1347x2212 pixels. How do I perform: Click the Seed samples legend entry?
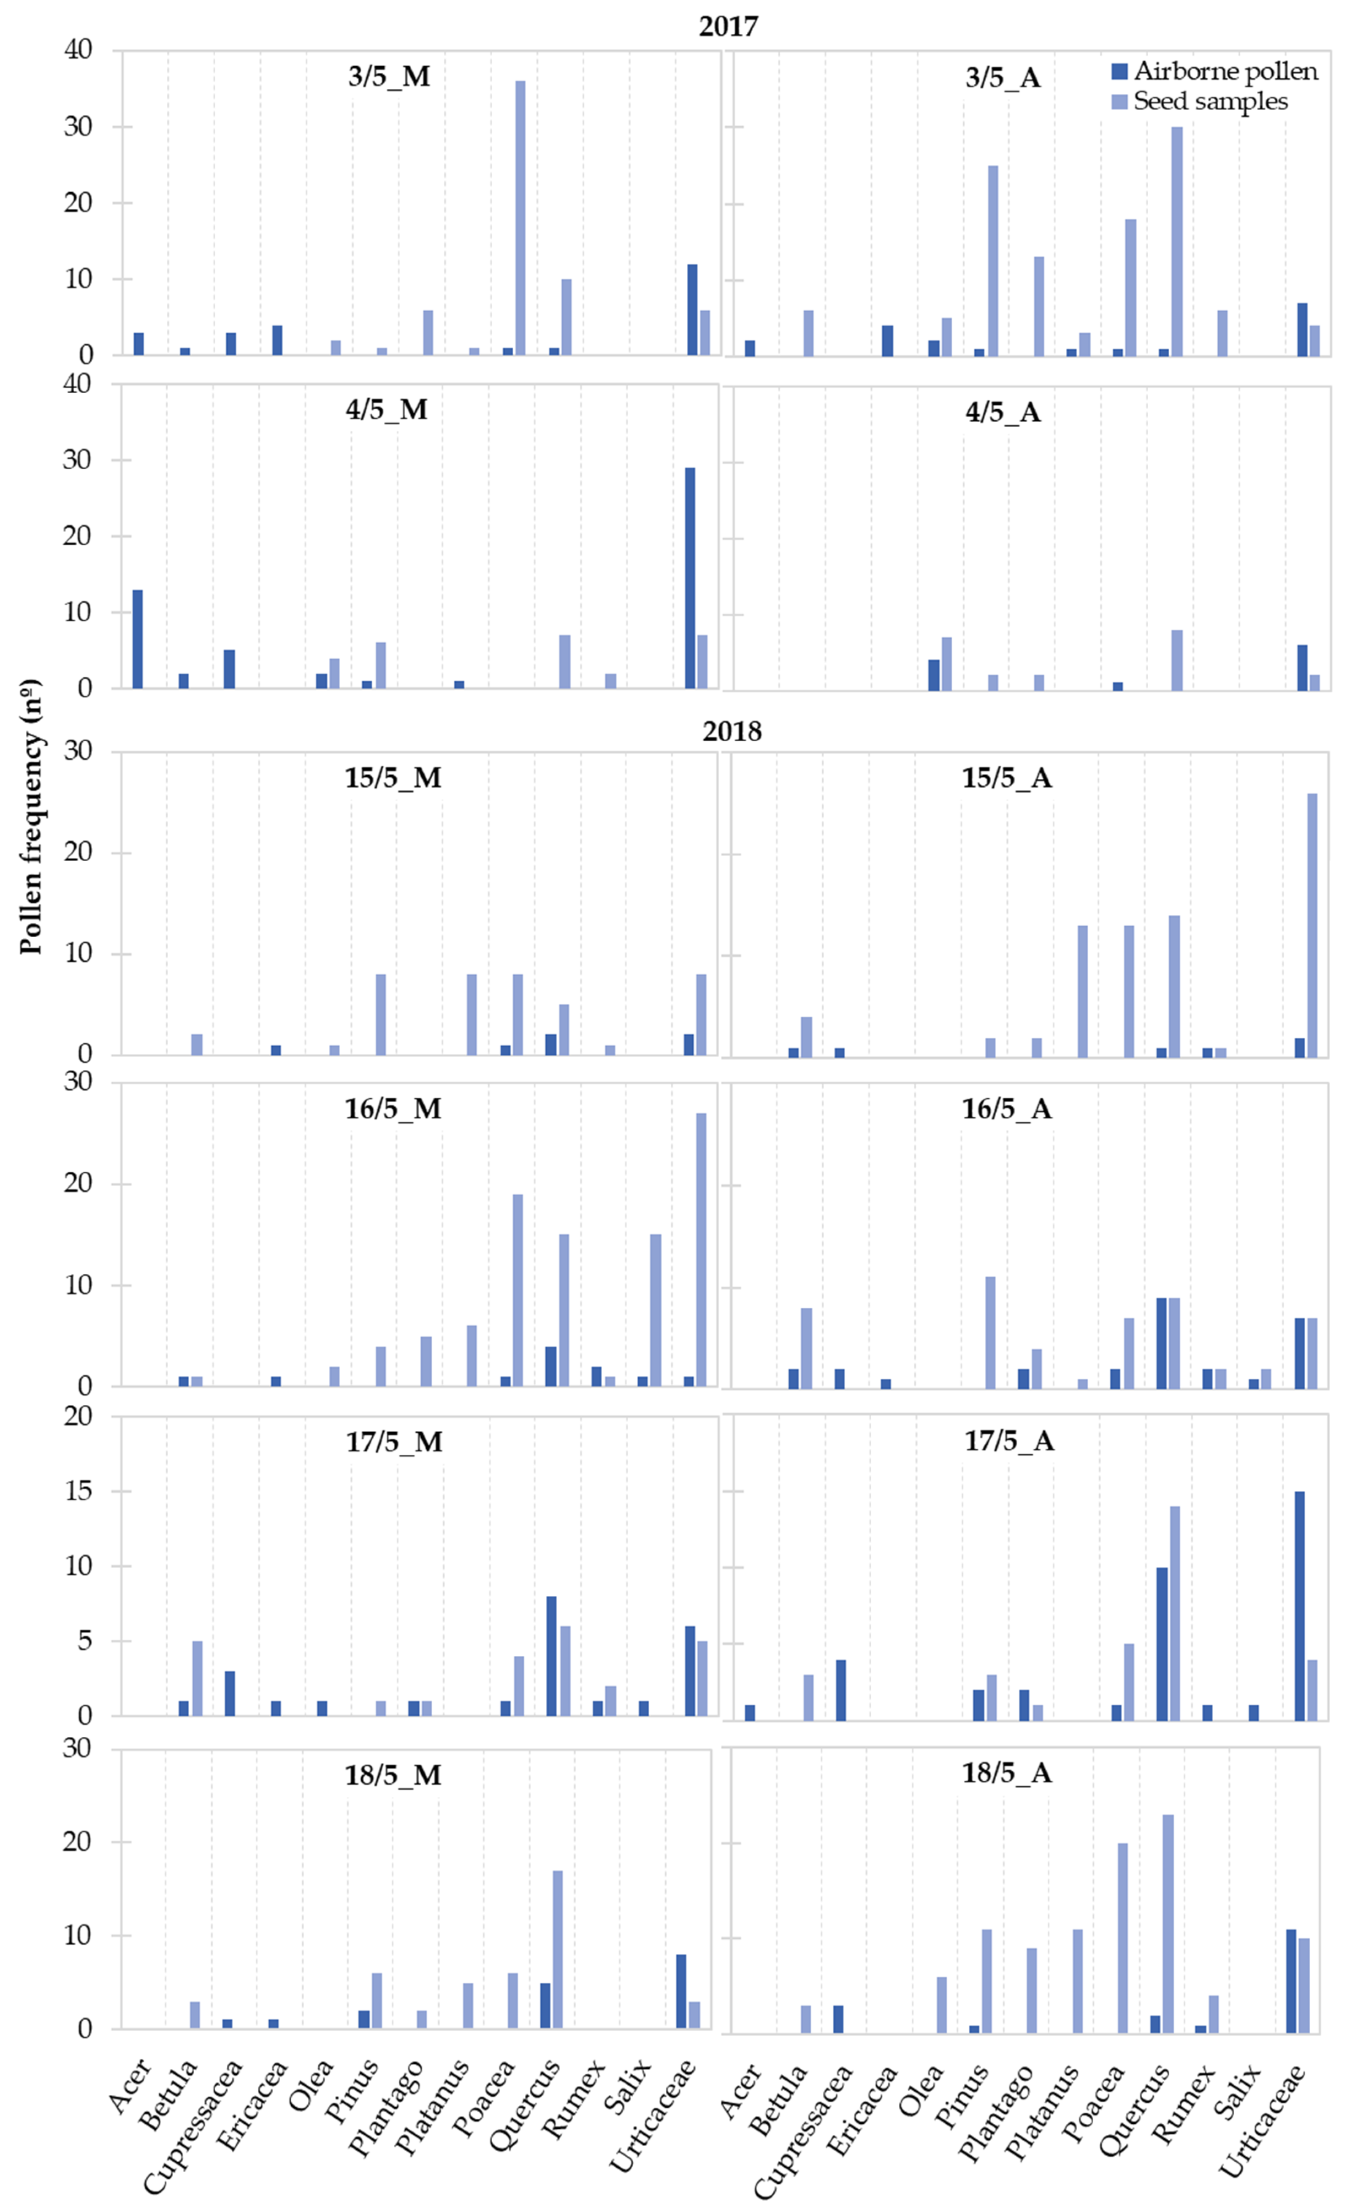coord(1210,101)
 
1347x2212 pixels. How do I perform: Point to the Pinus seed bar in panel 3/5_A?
coord(992,260)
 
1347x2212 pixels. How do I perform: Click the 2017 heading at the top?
coord(728,25)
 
